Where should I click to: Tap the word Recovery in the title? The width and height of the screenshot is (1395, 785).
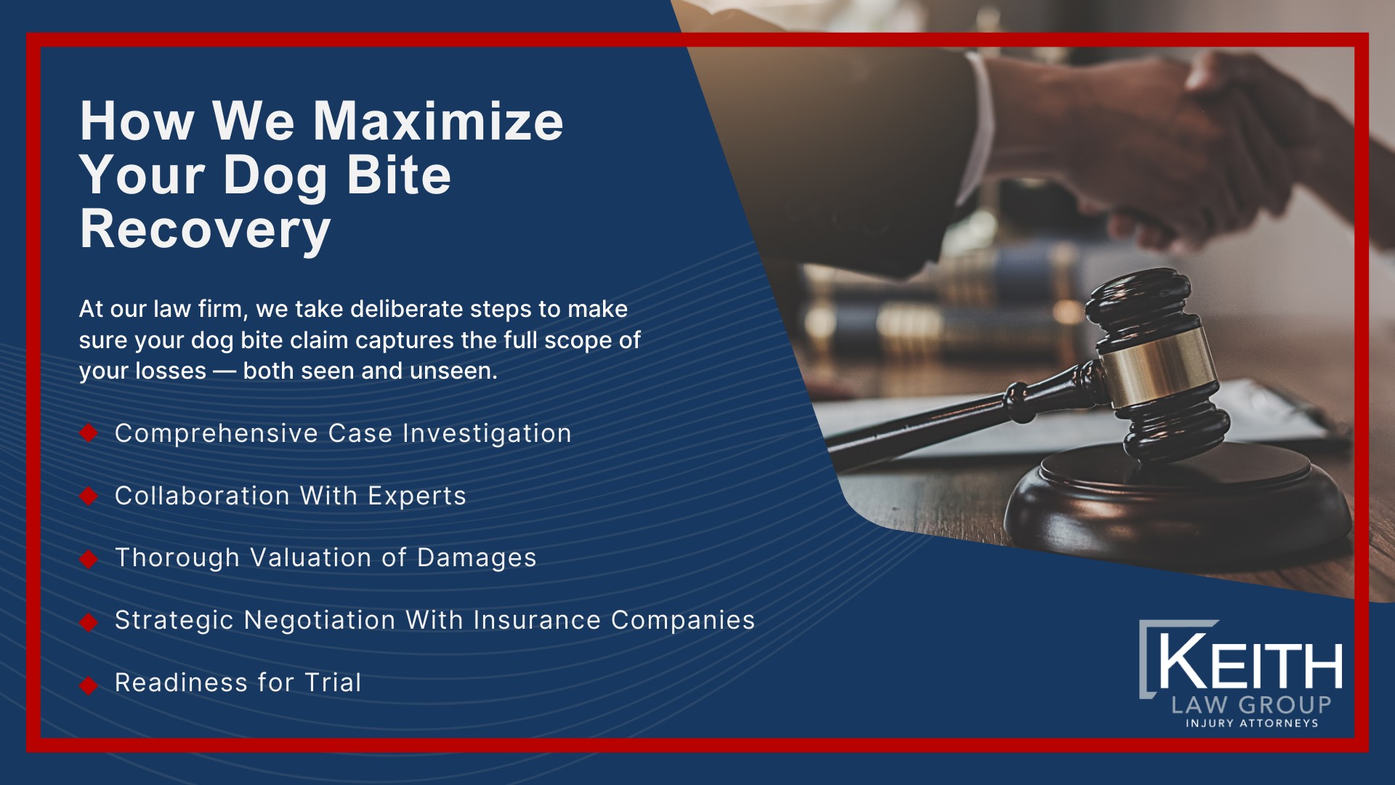click(x=205, y=229)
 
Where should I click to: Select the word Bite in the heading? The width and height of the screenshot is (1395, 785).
click(x=398, y=175)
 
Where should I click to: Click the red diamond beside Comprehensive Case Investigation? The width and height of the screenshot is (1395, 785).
click(x=89, y=433)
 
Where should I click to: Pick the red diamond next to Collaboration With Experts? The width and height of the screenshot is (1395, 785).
click(x=89, y=496)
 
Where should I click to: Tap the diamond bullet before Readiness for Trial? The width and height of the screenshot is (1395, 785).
click(x=89, y=685)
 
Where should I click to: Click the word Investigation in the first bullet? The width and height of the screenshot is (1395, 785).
click(x=487, y=434)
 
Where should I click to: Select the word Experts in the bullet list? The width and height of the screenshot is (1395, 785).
click(x=416, y=496)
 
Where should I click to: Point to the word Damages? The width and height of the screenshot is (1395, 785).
click(x=477, y=557)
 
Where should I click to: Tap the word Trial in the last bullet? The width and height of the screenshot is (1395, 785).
click(x=333, y=683)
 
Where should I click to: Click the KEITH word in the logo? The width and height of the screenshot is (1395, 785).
click(x=1250, y=664)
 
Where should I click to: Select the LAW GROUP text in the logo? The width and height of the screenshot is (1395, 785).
click(x=1251, y=704)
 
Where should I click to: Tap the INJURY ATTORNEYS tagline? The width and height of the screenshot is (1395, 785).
click(x=1251, y=723)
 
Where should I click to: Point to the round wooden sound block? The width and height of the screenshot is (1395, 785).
click(x=1177, y=502)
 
